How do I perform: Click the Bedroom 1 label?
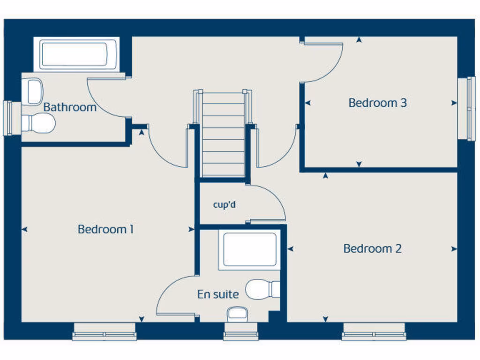pos(105,229)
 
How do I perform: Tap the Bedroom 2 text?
pos(372,248)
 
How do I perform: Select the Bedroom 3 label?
pos(377,103)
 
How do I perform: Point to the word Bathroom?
pos(69,107)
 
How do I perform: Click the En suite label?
pos(218,294)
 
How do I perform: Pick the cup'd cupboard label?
pos(224,204)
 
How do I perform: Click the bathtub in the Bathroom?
pos(79,54)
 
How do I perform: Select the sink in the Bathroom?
pos(34,91)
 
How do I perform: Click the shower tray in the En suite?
pos(249,249)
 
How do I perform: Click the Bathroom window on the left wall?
pos(8,118)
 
